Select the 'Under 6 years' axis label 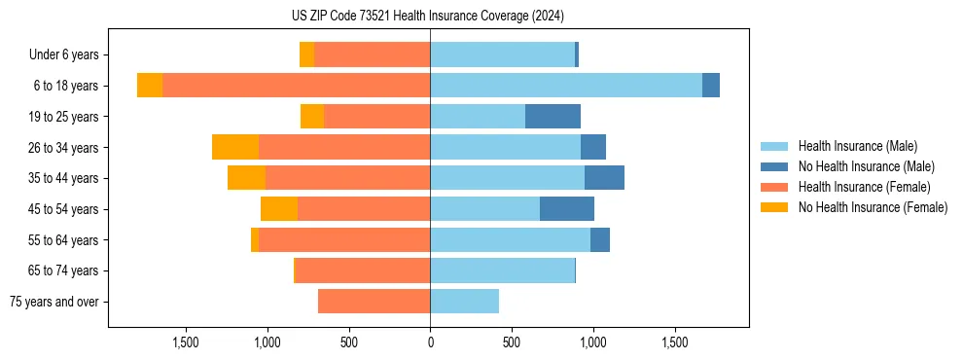[69, 55]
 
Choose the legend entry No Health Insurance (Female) [873, 207]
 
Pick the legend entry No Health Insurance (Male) [866, 166]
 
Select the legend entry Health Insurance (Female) [864, 187]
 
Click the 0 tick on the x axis [430, 342]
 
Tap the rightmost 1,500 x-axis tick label [675, 342]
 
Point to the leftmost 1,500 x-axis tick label [186, 342]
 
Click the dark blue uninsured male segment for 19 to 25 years [553, 117]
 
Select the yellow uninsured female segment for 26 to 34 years [235, 147]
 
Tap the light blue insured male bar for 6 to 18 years [566, 86]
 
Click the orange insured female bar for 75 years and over [374, 302]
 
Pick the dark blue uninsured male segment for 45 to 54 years [567, 209]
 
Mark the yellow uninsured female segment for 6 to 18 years [150, 86]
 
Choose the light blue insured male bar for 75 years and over [464, 302]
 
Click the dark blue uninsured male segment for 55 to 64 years [600, 239]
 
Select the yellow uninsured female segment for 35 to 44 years [247, 178]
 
